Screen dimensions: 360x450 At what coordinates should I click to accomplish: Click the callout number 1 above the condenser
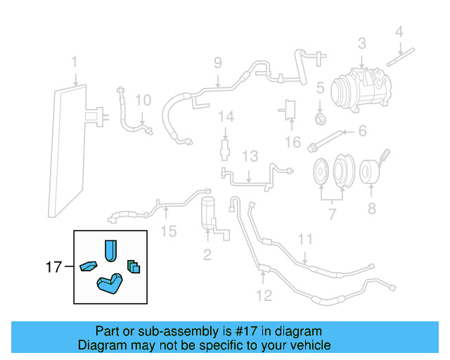(x=74, y=64)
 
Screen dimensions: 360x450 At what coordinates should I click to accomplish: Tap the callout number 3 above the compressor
(x=361, y=44)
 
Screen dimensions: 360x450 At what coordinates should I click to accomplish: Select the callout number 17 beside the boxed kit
(x=53, y=266)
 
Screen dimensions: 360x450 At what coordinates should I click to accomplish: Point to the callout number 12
(x=263, y=295)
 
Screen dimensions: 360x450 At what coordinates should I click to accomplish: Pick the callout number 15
(x=168, y=230)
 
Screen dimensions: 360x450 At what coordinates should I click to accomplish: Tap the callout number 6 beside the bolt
(x=363, y=131)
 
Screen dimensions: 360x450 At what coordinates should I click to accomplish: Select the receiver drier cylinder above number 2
(x=209, y=212)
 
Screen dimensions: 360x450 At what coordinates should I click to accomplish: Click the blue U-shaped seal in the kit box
(x=110, y=251)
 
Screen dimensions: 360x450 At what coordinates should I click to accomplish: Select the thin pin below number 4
(x=406, y=50)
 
